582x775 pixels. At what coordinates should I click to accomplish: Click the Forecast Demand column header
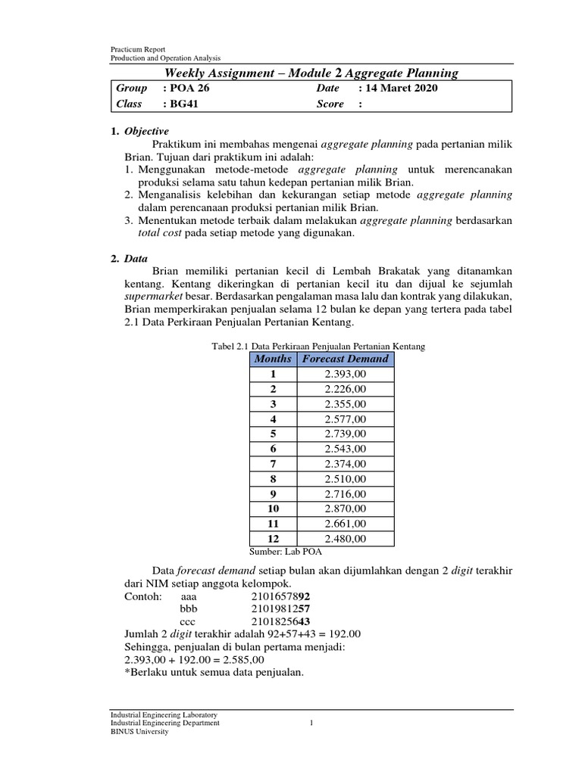(345, 359)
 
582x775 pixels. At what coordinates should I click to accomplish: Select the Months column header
(273, 359)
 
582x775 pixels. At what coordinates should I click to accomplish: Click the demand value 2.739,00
(345, 434)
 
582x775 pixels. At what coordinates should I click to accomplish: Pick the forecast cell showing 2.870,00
(345, 509)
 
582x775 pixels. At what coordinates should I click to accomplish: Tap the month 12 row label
(273, 539)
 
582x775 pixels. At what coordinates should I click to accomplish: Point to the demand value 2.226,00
(345, 389)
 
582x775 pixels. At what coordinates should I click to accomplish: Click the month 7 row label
(273, 464)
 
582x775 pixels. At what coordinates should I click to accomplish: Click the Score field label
(330, 104)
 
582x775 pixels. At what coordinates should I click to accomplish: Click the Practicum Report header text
(137, 50)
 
